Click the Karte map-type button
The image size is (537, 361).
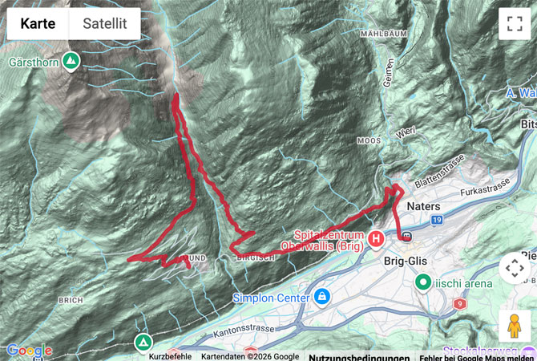click(38, 24)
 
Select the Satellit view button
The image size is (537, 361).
click(105, 24)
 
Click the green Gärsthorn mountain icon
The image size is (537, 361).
click(71, 60)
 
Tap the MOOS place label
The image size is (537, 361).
click(369, 140)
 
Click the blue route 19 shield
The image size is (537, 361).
click(436, 219)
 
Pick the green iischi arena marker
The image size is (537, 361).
click(422, 282)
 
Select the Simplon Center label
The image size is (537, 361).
click(272, 298)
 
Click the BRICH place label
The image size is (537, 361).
click(71, 300)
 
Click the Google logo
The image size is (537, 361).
click(30, 351)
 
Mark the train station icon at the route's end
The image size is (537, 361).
click(406, 236)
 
